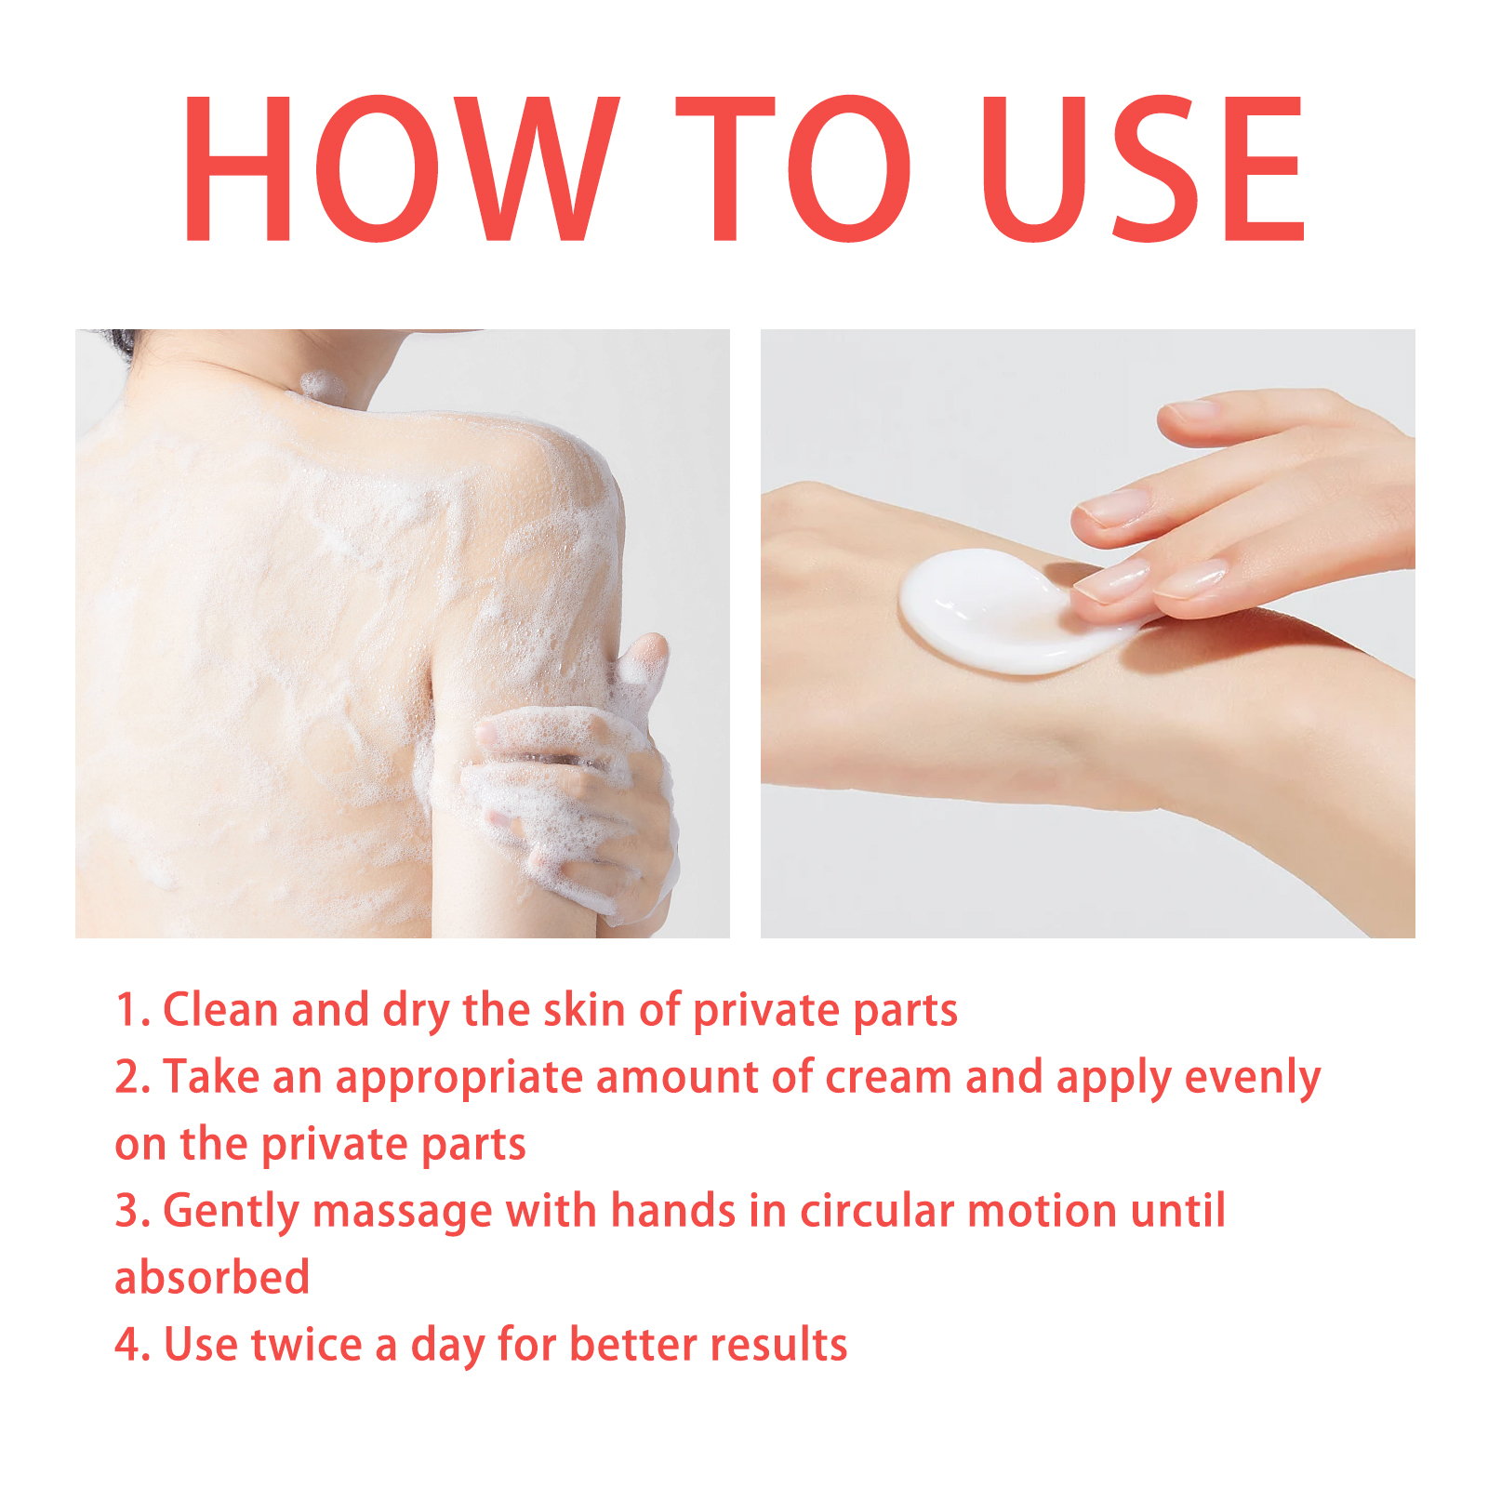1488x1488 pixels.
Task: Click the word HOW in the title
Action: point(401,168)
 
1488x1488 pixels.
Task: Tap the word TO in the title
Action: point(792,168)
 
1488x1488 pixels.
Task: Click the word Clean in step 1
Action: point(220,1010)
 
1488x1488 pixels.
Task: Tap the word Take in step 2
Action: point(211,1077)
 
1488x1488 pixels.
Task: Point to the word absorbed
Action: point(212,1278)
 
